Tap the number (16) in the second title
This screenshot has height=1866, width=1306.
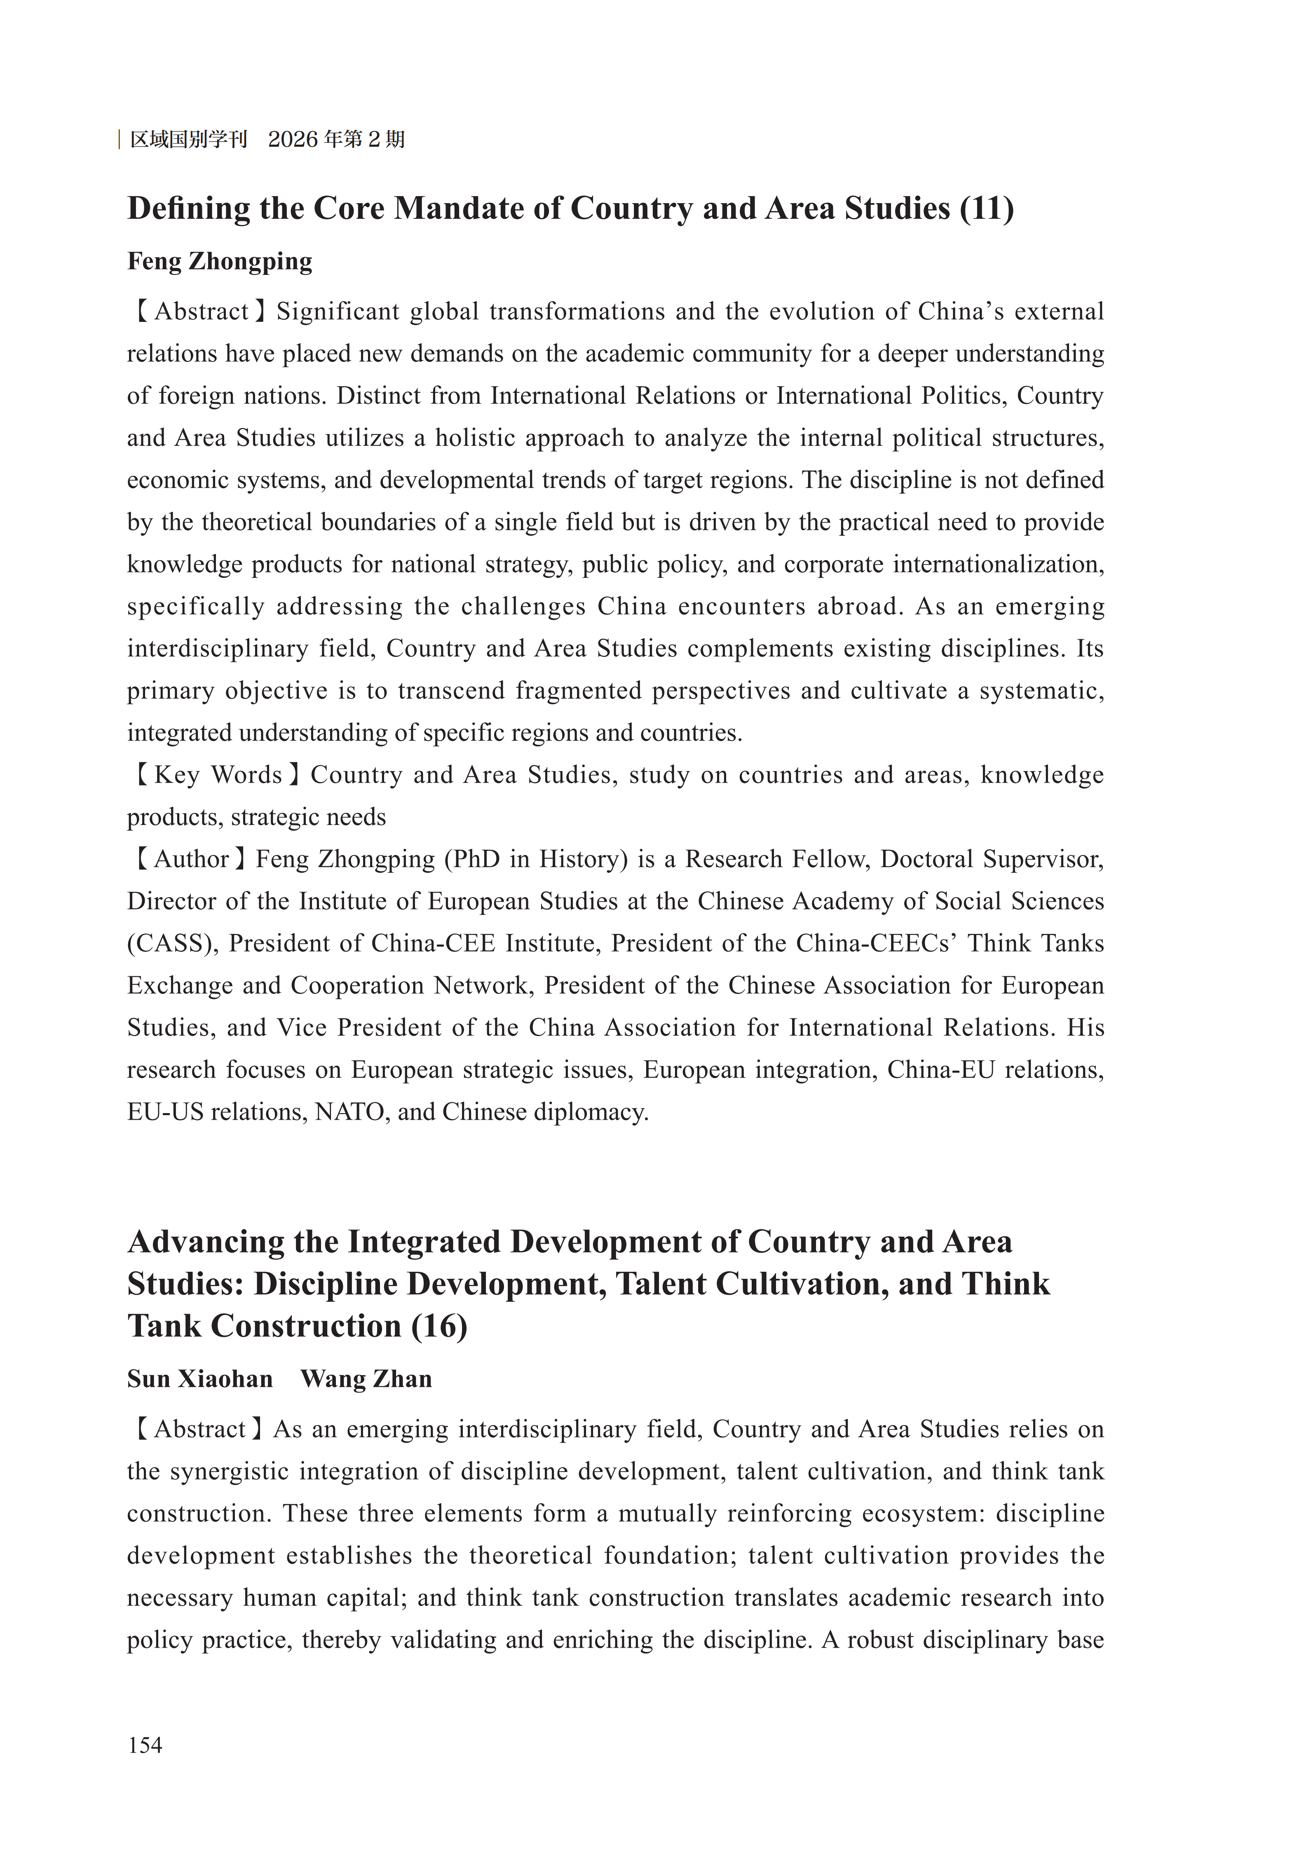pos(439,1327)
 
